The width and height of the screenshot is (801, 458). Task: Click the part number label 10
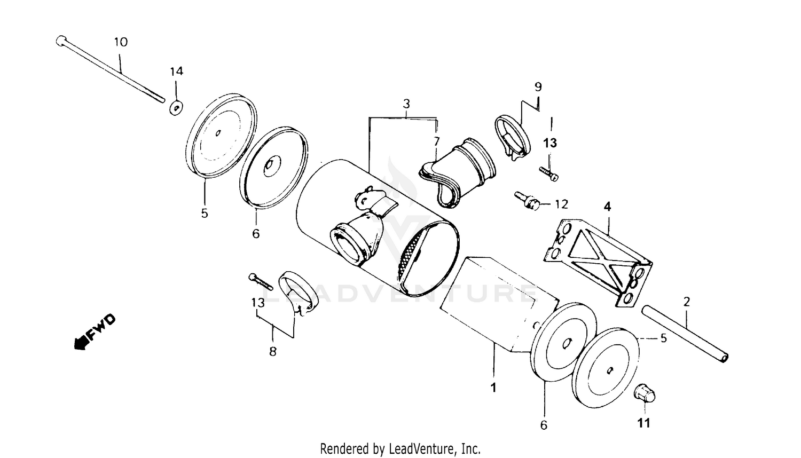pos(121,42)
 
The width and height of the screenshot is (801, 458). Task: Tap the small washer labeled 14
pos(176,107)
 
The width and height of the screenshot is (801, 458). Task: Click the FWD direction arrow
pos(94,332)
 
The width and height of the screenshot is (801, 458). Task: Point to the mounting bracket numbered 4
pos(598,262)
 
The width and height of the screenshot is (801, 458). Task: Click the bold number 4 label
pos(607,207)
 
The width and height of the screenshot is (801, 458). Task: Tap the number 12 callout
pos(561,204)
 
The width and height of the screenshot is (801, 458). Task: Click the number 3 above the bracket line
pos(406,104)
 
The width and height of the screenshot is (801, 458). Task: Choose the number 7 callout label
pos(436,141)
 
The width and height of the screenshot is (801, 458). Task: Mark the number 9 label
pos(538,86)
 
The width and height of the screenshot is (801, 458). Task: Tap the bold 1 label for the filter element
pos(493,388)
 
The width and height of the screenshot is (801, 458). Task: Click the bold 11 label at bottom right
pos(644,423)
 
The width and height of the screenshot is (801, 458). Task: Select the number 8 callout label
pos(273,352)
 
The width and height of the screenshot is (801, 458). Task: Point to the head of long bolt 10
pos(60,41)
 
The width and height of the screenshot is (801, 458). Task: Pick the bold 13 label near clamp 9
pos(550,143)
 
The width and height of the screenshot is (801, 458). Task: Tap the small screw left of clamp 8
pos(260,281)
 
